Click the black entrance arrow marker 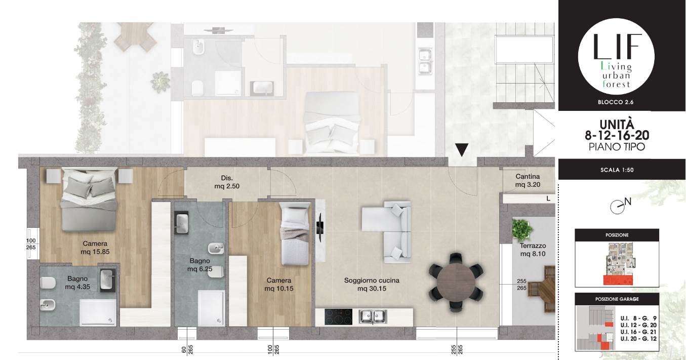click(462, 150)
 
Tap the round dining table click(456, 282)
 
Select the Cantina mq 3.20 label click(528, 180)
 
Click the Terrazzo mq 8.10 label click(533, 250)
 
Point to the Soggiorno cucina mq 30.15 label click(372, 285)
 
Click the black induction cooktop click(338, 316)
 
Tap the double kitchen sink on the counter click(373, 317)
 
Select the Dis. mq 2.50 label click(227, 182)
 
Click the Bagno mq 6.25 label click(199, 265)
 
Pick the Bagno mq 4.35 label click(77, 283)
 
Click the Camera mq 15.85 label click(95, 248)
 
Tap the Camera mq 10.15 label click(278, 285)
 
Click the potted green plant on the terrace click(522, 230)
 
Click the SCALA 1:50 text click(617, 170)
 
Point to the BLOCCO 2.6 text click(616, 102)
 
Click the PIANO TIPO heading click(617, 147)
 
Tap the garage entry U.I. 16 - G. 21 click(638, 332)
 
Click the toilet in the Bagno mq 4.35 click(47, 284)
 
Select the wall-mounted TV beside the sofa click(320, 228)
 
